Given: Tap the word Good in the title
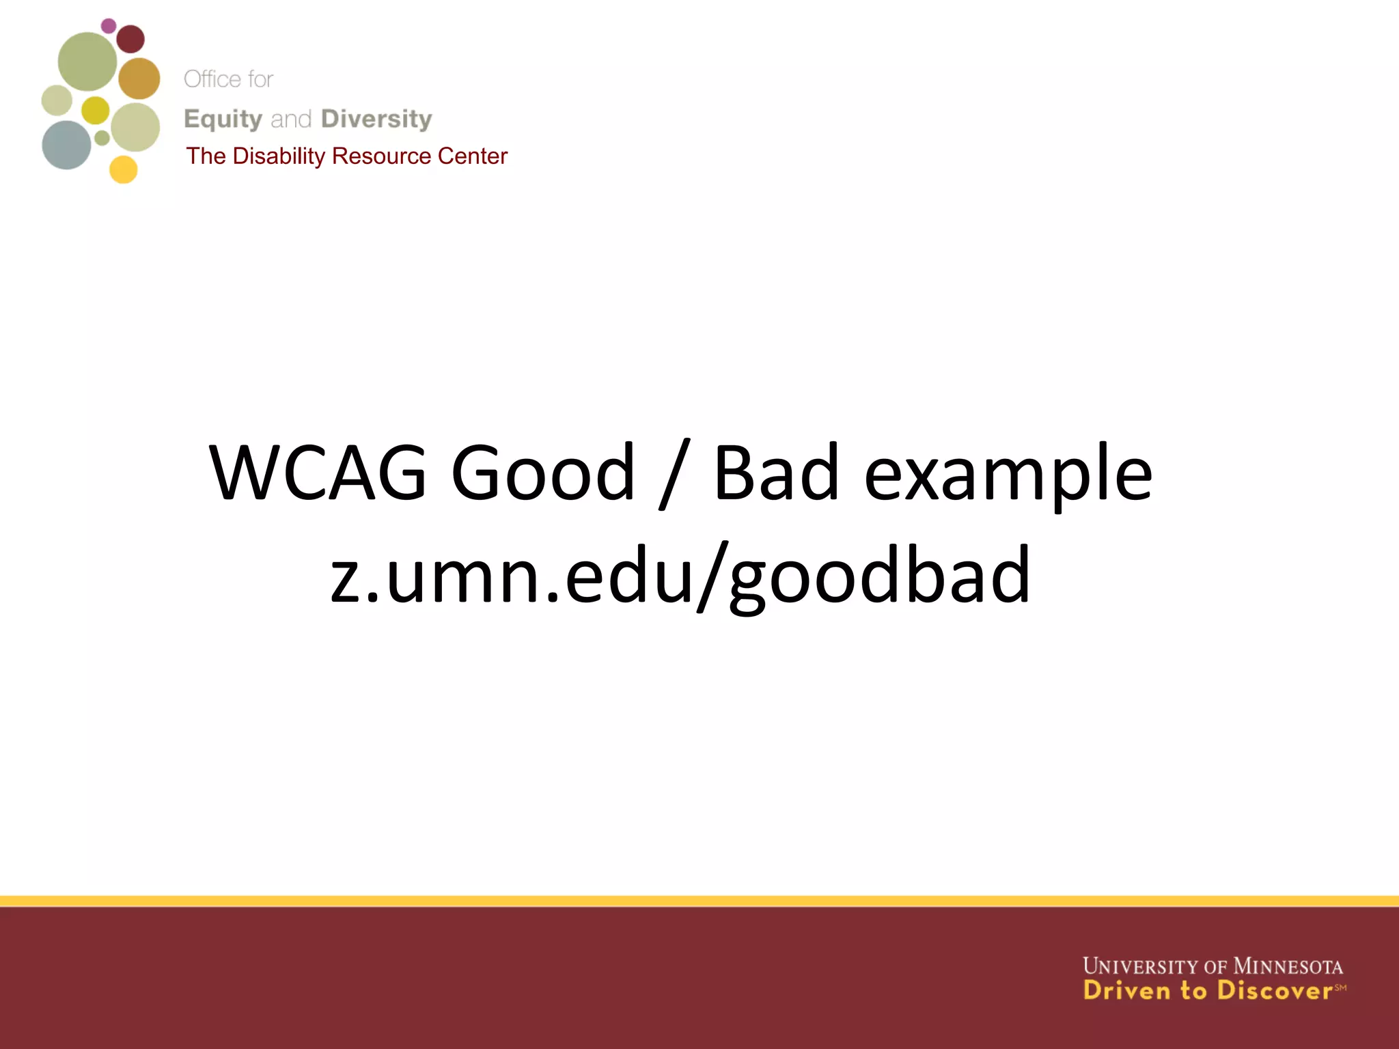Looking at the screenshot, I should (543, 473).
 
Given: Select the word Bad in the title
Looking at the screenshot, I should (776, 473).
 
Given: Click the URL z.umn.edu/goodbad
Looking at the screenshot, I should (680, 576).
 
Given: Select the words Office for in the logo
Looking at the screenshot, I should (228, 79).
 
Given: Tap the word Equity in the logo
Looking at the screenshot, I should (223, 120).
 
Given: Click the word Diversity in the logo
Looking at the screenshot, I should (376, 119).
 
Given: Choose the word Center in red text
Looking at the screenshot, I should (472, 156).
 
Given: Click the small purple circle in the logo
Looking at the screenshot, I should (109, 26).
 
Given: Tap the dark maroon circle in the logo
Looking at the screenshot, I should (130, 39).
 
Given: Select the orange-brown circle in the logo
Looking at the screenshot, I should (139, 79).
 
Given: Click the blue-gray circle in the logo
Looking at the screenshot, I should (66, 145).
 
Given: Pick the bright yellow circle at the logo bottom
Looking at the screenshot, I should (124, 169).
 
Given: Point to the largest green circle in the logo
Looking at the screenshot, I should (87, 61).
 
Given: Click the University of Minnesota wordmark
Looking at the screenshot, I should (1213, 966).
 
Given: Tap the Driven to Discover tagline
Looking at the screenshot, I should (1207, 991).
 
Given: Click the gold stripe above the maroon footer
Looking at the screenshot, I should (699, 901).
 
